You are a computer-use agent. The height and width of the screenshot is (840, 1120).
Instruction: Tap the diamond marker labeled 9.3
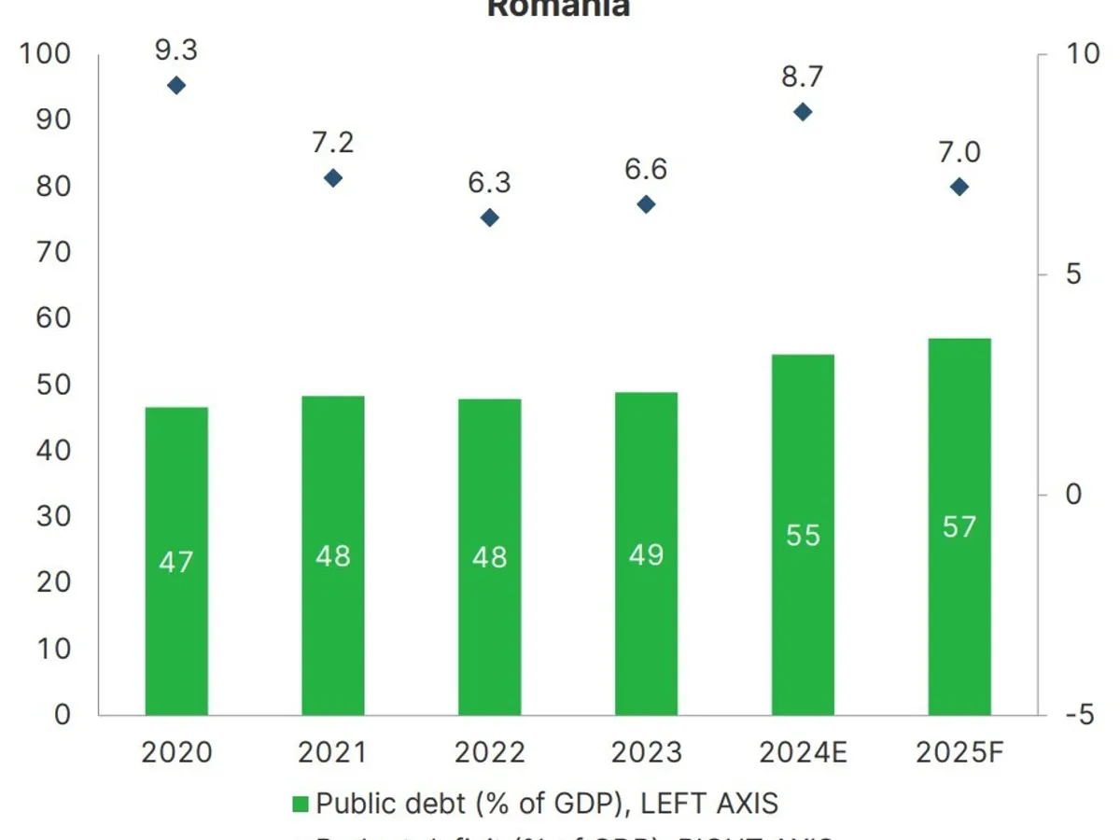click(176, 86)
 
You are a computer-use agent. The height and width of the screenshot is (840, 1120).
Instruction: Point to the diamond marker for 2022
click(490, 218)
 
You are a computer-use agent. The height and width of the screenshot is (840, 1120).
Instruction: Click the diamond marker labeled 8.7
click(803, 112)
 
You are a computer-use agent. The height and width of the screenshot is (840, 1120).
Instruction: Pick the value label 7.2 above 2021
click(333, 143)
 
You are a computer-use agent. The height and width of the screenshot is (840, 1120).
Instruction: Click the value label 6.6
click(646, 170)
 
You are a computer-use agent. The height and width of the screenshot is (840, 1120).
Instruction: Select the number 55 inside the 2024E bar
click(803, 536)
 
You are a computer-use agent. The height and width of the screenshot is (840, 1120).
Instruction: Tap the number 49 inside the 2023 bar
click(646, 555)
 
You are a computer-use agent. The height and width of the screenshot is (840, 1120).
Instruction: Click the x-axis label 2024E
click(803, 752)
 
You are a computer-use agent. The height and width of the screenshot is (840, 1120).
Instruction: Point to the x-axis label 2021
click(333, 752)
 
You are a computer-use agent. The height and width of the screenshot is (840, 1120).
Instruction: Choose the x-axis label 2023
click(646, 752)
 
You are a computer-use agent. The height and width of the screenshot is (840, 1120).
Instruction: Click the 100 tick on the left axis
click(46, 54)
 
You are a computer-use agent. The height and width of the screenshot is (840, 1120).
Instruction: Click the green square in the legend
click(300, 804)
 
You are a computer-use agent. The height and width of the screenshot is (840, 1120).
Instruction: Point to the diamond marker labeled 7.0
click(959, 187)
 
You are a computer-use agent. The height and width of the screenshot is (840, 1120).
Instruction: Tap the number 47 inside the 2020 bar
click(176, 563)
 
